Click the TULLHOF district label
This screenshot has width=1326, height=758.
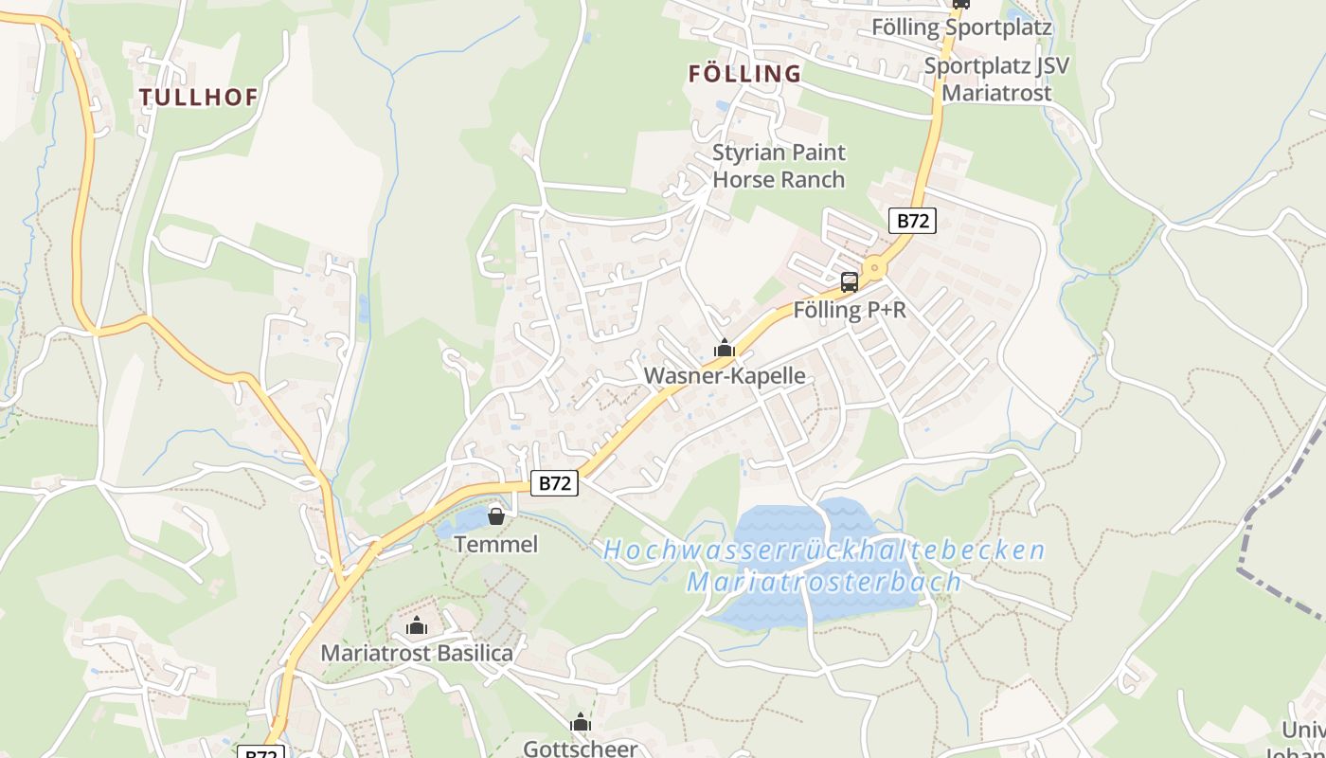198,97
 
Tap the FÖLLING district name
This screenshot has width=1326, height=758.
744,74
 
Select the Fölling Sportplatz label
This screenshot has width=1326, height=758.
960,27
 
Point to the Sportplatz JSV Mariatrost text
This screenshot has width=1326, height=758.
995,80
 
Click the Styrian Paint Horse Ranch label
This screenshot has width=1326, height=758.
779,166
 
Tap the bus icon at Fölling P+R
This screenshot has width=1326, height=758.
850,281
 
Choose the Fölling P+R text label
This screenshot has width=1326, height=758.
849,310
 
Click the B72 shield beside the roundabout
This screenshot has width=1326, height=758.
912,221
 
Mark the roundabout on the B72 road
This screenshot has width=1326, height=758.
873,269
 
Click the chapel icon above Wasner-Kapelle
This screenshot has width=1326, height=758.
725,349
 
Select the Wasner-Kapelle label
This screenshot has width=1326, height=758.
725,376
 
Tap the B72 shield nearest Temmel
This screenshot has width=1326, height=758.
554,483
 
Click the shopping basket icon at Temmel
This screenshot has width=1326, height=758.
495,516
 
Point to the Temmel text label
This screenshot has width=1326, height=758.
495,544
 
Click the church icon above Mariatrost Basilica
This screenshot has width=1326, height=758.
417,625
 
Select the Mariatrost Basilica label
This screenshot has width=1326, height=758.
417,653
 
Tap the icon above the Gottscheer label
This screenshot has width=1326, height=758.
581,723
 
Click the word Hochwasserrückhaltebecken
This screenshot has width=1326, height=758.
823,550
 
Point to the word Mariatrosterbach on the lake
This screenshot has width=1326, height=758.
823,581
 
